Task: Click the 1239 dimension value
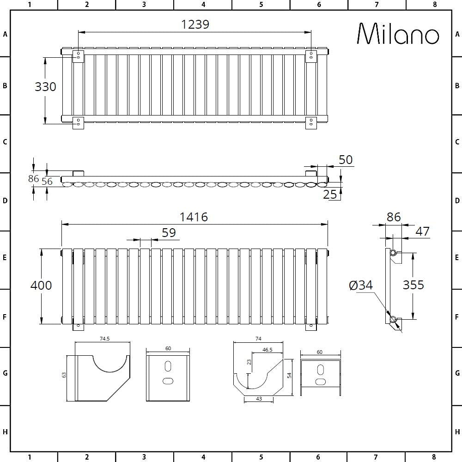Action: [x=195, y=24]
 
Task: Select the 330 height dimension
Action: [x=45, y=86]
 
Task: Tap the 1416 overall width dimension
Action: [x=194, y=217]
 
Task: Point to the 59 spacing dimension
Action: [x=169, y=232]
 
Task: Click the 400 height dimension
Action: [x=41, y=285]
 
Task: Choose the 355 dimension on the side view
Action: [x=413, y=285]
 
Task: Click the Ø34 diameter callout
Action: [x=361, y=286]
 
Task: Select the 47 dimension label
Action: [x=422, y=231]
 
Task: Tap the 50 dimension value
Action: [x=346, y=160]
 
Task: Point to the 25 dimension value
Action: [x=330, y=195]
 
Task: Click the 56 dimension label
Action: [x=47, y=182]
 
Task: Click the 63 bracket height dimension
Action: [x=64, y=375]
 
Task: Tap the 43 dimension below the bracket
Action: [x=259, y=399]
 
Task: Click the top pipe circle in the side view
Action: [x=393, y=253]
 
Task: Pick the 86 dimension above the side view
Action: [x=394, y=217]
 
